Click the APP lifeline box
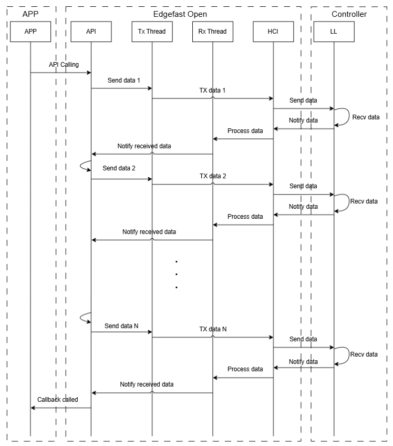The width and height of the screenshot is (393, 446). pos(30,32)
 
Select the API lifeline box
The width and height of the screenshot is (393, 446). pos(91,32)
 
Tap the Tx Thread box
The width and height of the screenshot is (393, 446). pos(152,32)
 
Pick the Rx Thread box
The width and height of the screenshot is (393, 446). pos(213,32)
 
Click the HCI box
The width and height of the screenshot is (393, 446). pos(273,32)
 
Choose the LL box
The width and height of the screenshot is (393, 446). pos(334,32)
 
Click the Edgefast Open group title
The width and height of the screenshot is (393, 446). pos(180,14)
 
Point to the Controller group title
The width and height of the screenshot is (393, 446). pos(349,14)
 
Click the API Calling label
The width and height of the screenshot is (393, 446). pos(64,65)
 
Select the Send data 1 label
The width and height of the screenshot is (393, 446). pos(123,80)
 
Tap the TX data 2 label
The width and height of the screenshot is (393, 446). pos(213,176)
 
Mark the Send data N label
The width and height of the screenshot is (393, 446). pos(121,326)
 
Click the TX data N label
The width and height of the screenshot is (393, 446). pos(213,329)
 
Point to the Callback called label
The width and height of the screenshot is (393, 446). pos(58,400)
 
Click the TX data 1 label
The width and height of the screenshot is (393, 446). pos(212,90)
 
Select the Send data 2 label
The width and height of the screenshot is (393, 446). pos(119,168)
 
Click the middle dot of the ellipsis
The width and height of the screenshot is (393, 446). pos(177,274)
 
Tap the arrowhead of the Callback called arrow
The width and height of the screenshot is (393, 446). pos(33,408)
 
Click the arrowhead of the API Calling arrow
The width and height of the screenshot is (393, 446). pos(89,73)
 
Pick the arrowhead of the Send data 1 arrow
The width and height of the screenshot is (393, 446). pos(150,88)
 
